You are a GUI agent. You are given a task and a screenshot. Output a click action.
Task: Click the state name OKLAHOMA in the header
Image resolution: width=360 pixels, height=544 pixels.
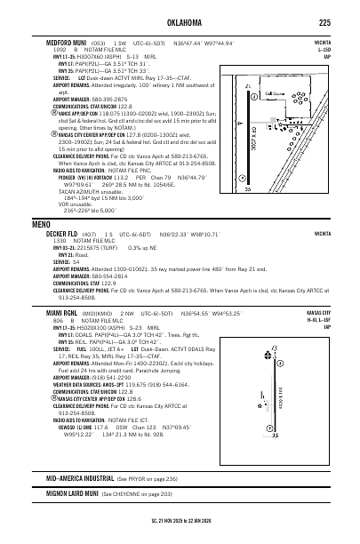coord(180,22)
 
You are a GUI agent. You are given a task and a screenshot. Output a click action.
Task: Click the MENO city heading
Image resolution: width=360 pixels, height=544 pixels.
coord(41,223)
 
